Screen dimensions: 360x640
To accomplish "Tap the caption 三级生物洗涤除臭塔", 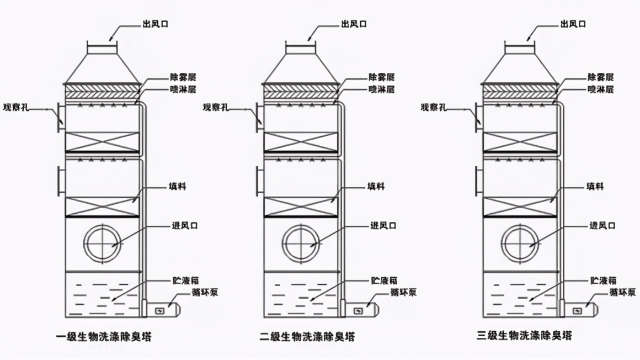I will (x=524, y=336).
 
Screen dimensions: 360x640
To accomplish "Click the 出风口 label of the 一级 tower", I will (x=148, y=24).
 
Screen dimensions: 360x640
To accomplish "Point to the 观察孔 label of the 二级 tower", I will (x=216, y=107).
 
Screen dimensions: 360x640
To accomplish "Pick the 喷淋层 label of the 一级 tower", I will (x=183, y=89).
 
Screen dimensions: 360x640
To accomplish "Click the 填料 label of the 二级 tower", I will (x=376, y=187).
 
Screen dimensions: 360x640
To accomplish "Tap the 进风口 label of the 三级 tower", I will (x=602, y=226).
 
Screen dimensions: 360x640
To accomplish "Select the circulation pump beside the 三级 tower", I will (x=578, y=311).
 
